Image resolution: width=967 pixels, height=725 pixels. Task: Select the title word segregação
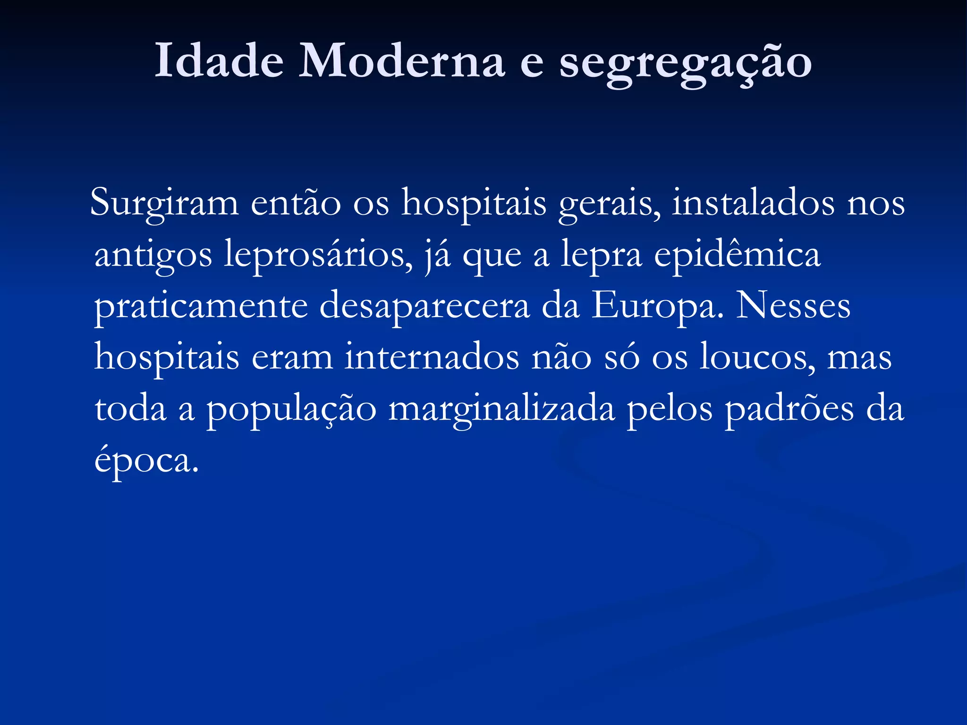tap(686, 64)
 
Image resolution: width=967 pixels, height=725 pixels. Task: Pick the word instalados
tap(753, 203)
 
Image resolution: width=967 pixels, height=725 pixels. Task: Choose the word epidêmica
tap(737, 255)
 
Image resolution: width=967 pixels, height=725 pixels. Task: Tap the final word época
tap(146, 460)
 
